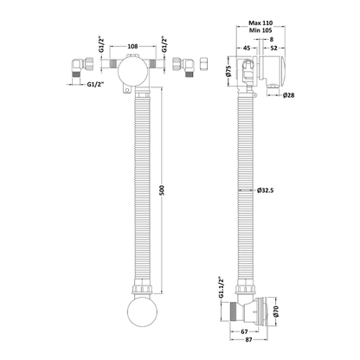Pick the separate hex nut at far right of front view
[x=202, y=64]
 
